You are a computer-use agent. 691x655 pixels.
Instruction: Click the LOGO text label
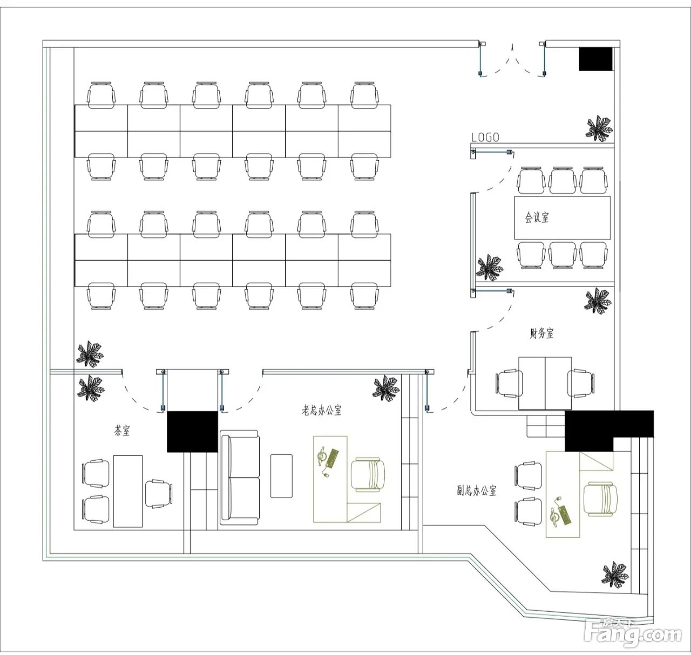click(x=485, y=137)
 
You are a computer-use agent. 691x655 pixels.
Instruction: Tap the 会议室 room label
click(x=537, y=217)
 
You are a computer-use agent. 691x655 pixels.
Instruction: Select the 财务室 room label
click(x=541, y=333)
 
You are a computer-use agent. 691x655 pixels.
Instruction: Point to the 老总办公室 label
click(x=321, y=410)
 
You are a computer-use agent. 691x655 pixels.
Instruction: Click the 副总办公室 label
click(x=477, y=490)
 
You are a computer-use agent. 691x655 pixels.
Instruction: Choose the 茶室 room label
click(x=122, y=431)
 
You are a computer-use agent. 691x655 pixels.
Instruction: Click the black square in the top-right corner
click(x=596, y=59)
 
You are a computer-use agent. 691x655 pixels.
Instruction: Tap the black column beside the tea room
click(x=192, y=431)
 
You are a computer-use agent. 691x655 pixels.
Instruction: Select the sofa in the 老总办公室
click(x=239, y=477)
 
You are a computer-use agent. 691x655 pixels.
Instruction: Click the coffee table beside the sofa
click(x=281, y=476)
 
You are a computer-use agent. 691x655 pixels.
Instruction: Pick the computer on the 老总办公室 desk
click(x=328, y=458)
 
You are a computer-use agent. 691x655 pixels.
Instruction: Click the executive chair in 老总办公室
click(x=368, y=474)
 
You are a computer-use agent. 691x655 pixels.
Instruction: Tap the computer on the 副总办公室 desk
click(x=560, y=512)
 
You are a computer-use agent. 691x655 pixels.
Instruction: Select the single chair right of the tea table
click(x=158, y=493)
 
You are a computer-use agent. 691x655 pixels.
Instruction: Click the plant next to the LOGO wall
click(x=599, y=128)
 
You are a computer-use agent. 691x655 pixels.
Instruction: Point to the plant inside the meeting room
click(x=490, y=267)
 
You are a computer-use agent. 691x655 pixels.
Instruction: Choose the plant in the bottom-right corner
click(x=615, y=574)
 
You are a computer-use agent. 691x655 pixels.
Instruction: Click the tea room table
click(x=128, y=491)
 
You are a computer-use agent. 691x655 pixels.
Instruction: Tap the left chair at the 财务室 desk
click(x=507, y=383)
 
